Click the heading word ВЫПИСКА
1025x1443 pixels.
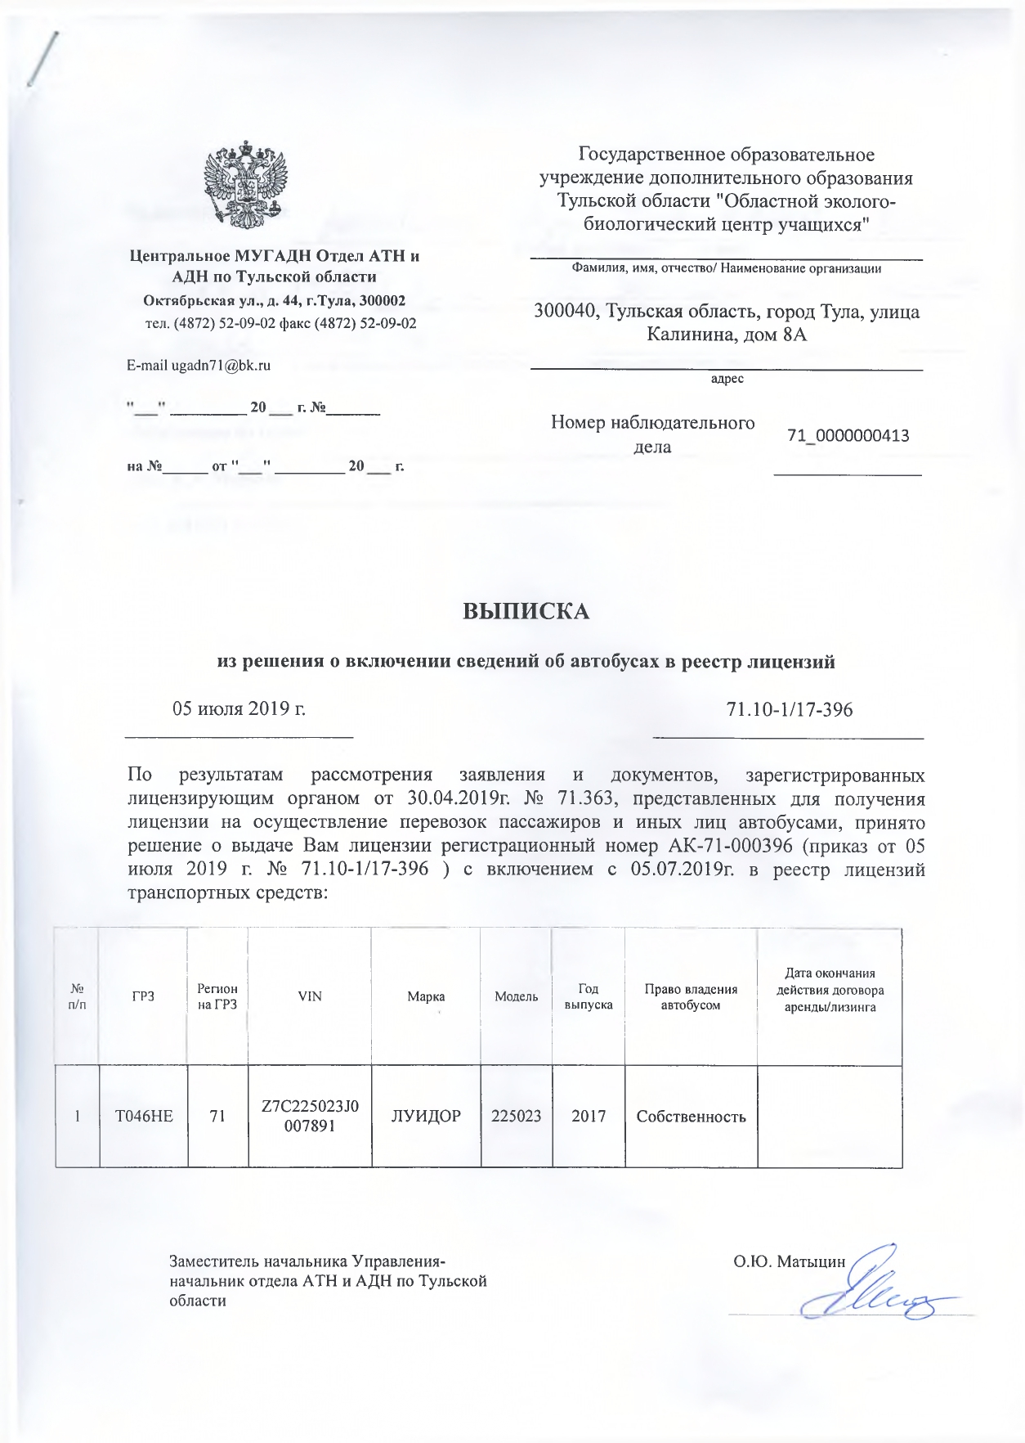[x=526, y=611]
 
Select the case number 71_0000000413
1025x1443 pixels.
[x=848, y=436]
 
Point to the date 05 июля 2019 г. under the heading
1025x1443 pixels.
[x=239, y=708]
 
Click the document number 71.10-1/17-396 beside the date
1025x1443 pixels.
[x=789, y=709]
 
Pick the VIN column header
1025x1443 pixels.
[x=310, y=996]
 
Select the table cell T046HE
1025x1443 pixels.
[x=144, y=1115]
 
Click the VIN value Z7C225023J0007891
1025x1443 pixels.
[x=310, y=1116]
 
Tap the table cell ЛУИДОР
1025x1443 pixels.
[x=426, y=1115]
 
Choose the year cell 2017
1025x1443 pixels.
[x=589, y=1115]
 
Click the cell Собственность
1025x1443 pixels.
[x=691, y=1116]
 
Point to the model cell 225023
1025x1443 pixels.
[x=516, y=1115]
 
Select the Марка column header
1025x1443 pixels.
[x=426, y=996]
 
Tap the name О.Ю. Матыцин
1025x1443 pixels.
[x=789, y=1261]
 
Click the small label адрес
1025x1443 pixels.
[x=727, y=379]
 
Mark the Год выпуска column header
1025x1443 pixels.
[x=589, y=996]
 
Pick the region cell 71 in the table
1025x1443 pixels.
[x=217, y=1115]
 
